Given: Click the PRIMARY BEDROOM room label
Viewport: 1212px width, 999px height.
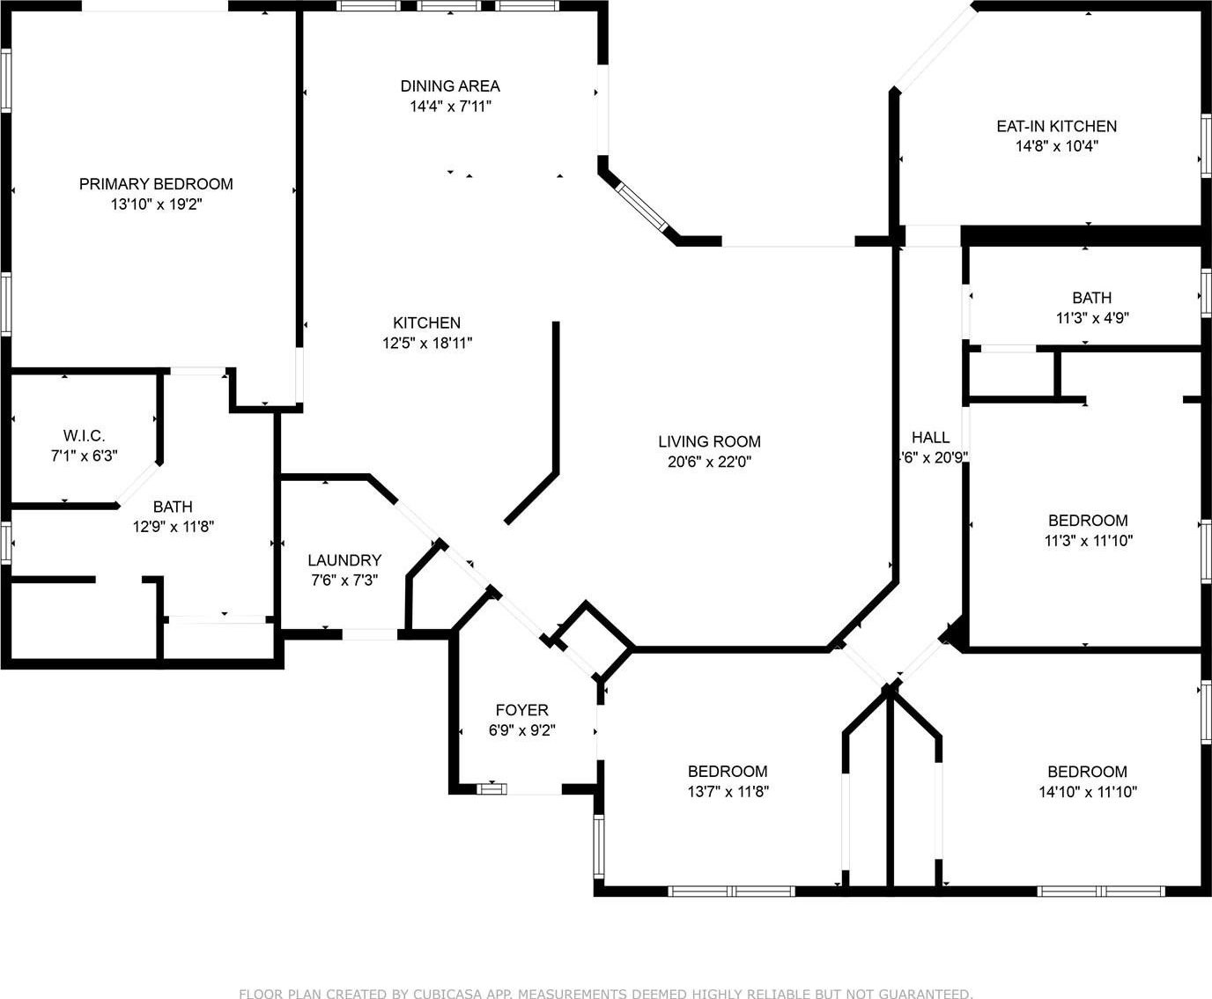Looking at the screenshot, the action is click(156, 184).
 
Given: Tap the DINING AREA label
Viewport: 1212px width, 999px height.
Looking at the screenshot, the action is click(450, 86).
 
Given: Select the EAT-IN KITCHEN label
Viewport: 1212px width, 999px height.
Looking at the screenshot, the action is click(1056, 126).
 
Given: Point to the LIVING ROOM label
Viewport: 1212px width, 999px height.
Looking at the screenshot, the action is click(709, 441).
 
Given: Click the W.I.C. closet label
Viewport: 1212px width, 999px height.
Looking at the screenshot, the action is click(85, 435).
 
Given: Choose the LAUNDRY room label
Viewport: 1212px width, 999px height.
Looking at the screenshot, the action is click(344, 560).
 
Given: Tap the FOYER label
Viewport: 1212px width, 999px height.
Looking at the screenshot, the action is click(521, 710).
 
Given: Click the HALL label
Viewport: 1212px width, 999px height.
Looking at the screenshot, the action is click(930, 437).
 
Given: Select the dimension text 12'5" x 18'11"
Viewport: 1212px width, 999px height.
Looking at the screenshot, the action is click(427, 343).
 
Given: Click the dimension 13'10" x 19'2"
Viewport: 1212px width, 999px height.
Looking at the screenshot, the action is click(156, 204).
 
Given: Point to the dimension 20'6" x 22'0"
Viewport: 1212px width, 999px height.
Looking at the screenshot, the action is click(709, 462).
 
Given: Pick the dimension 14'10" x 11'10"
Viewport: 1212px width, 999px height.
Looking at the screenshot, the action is click(1088, 792).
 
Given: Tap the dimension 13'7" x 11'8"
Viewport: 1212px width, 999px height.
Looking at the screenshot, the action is click(728, 791).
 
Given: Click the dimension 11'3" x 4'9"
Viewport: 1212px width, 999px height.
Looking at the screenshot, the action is click(1092, 317).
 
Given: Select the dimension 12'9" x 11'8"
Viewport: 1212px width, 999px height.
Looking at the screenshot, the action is click(173, 527).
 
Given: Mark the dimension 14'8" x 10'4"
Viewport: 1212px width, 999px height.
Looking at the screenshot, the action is click(1056, 146).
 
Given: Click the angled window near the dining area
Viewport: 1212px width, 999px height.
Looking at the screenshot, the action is click(641, 207).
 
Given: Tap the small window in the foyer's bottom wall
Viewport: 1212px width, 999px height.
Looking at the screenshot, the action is click(491, 788).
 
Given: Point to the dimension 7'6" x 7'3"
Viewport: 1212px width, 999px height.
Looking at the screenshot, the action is click(344, 581).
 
